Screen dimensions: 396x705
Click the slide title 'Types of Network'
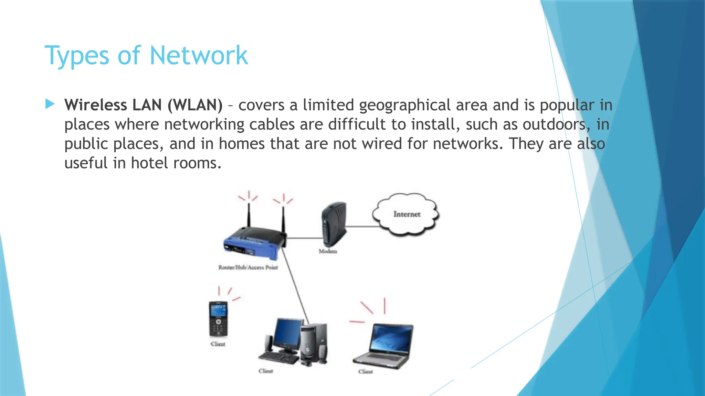[x=146, y=56]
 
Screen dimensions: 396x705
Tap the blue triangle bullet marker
[x=50, y=104]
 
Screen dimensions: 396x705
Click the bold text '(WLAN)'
[x=195, y=105]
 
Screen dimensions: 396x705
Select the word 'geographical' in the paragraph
[x=405, y=105]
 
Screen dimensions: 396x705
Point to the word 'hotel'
[x=149, y=163]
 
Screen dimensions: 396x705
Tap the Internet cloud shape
[x=406, y=214]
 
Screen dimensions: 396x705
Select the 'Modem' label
[x=328, y=251]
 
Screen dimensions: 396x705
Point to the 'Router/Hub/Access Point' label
[x=248, y=267]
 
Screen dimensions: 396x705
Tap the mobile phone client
[x=218, y=319]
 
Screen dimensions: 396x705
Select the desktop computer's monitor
[x=288, y=332]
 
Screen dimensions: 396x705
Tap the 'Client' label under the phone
[x=218, y=344]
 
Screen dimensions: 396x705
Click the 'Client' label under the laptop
[x=365, y=372]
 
